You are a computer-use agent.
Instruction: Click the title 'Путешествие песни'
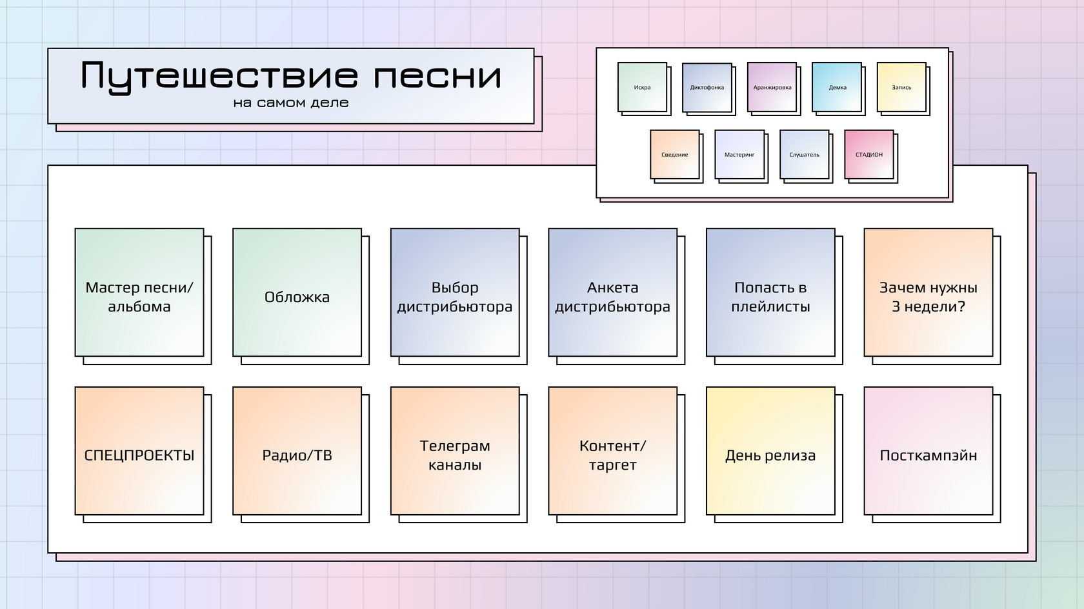291,75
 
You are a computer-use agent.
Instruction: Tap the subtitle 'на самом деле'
291,103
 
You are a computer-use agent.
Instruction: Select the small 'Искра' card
642,87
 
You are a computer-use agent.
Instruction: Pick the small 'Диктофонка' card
707,87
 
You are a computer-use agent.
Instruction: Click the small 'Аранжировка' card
772,87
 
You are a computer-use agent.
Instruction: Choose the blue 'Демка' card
837,87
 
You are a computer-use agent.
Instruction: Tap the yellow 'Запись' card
901,87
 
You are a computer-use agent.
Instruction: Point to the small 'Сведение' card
674,155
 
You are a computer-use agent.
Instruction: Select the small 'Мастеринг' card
739,155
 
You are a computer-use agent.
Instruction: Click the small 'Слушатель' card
804,155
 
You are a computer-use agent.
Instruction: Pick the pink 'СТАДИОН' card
869,155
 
